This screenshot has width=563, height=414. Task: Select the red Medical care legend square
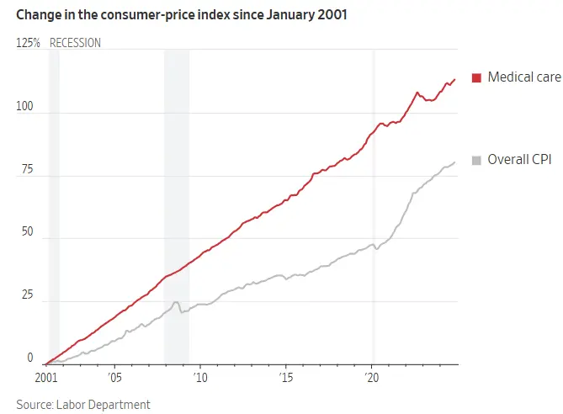tap(476, 78)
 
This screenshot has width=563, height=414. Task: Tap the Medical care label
tap(523, 77)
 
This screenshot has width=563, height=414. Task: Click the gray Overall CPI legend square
tap(476, 160)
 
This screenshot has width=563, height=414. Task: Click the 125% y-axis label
tap(28, 43)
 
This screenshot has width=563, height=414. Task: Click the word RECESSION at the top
tap(75, 43)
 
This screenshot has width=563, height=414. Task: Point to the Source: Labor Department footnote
tap(83, 405)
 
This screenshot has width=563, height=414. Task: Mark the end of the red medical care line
tap(455, 79)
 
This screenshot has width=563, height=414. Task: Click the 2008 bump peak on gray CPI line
tap(176, 302)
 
